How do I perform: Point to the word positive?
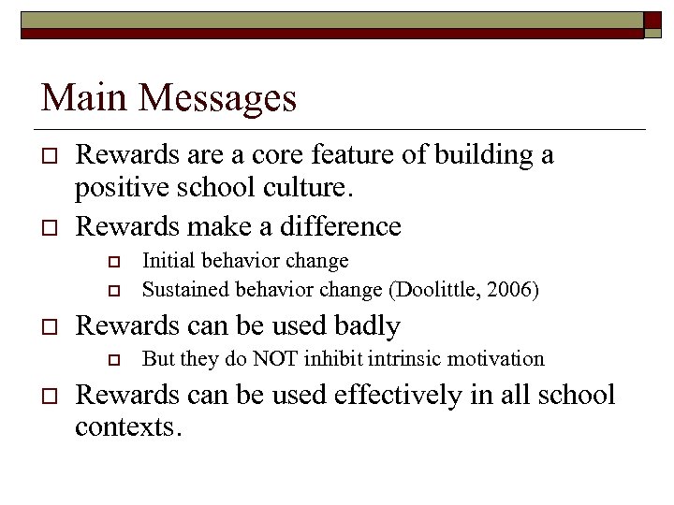coord(118,191)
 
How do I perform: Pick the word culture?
coord(314,191)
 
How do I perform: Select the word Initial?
coord(168,261)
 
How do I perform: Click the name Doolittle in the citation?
coord(438,289)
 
